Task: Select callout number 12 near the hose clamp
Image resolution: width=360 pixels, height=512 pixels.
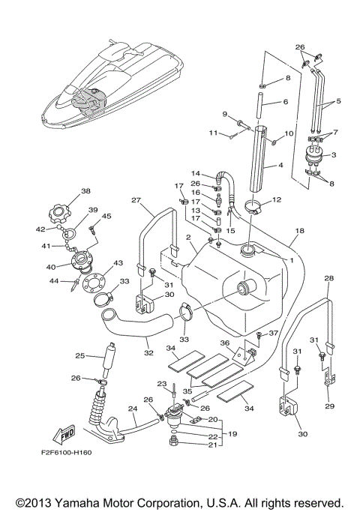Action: [277, 200]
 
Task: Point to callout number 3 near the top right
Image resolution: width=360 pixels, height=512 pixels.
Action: [334, 155]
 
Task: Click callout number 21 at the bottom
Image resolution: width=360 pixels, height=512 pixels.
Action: [211, 445]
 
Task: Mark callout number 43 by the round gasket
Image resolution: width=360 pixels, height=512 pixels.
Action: [118, 263]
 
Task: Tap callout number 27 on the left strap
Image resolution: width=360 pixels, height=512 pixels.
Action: [136, 201]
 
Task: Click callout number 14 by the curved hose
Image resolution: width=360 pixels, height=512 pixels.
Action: [195, 173]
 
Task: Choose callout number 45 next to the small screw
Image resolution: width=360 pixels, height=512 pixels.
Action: [106, 217]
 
